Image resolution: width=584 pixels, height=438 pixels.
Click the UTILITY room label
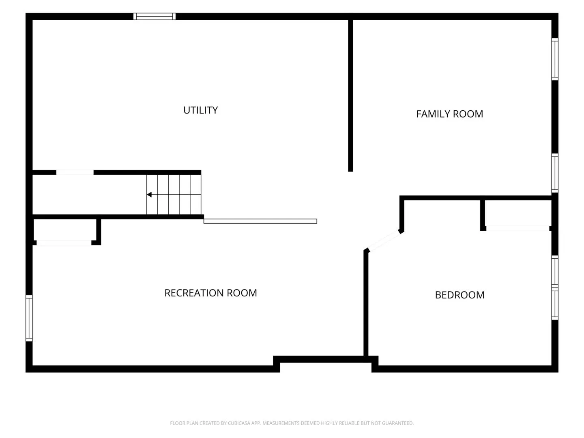200,110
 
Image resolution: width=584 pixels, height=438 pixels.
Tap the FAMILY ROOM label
449,114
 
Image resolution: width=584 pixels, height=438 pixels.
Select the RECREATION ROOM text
210,293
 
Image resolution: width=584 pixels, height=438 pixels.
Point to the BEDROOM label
459,295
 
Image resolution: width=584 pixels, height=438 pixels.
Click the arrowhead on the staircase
149,195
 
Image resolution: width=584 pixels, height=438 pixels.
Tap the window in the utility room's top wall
155,17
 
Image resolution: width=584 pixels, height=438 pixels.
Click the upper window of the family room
554,59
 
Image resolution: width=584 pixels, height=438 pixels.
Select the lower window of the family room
554,173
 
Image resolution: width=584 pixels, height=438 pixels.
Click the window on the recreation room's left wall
29,318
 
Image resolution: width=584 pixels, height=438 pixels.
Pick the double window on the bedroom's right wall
554,288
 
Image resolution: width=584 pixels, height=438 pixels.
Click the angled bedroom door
383,241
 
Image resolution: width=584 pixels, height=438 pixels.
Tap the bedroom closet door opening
517,228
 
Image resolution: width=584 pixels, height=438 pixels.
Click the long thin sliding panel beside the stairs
260,221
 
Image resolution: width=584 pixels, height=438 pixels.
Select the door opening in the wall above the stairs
75,172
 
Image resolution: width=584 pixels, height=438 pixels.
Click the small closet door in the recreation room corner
64,243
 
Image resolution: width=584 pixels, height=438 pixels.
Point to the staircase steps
174,194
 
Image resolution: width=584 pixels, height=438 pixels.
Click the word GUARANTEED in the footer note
397,423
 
